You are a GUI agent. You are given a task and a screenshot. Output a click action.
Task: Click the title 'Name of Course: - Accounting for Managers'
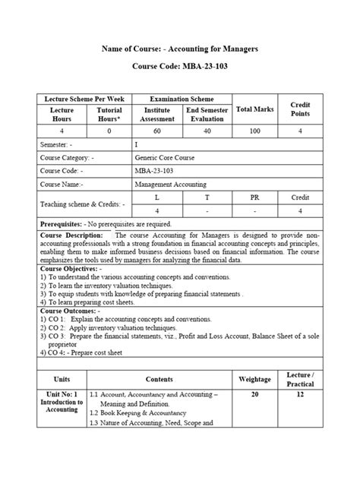click(x=180, y=49)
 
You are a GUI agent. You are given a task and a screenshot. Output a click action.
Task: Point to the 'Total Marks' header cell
click(x=255, y=109)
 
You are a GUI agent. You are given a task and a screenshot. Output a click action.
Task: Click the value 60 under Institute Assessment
click(x=156, y=131)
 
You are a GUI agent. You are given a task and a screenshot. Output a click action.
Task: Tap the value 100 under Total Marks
click(x=255, y=131)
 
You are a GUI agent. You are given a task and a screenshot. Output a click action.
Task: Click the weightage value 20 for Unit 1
click(x=254, y=395)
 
